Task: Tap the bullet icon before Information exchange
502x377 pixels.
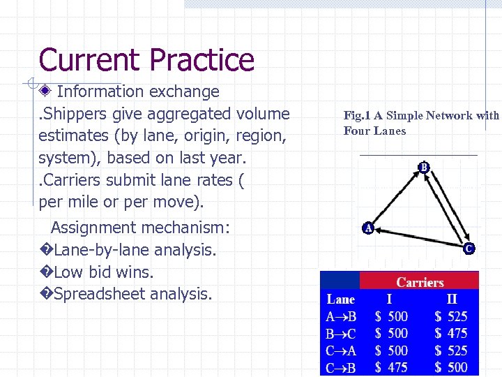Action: (46, 91)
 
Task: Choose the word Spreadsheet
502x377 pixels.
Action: (98, 294)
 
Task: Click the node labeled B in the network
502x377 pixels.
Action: (424, 167)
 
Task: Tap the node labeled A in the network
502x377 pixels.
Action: (367, 228)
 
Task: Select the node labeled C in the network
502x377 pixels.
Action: (469, 248)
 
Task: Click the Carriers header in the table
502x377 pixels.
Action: (420, 282)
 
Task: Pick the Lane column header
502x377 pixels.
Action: (340, 300)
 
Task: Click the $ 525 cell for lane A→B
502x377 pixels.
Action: (450, 316)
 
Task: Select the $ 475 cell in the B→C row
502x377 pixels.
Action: (450, 333)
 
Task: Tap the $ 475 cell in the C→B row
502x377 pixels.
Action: (391, 367)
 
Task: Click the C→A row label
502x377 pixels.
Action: (341, 350)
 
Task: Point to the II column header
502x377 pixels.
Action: (452, 300)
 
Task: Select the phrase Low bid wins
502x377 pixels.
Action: (103, 272)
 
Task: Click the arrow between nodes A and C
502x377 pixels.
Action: (418, 237)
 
